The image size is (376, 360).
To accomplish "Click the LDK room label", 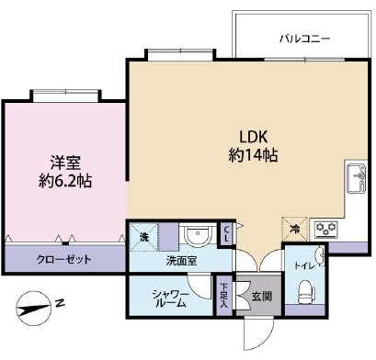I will click(253, 132).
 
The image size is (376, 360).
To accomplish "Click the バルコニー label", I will click(304, 39).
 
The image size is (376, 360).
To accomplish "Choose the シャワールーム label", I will click(171, 299).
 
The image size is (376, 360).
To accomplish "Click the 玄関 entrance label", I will click(260, 298).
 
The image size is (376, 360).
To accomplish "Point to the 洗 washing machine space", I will click(143, 237).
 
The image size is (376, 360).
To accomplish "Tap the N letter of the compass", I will click(59, 302).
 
